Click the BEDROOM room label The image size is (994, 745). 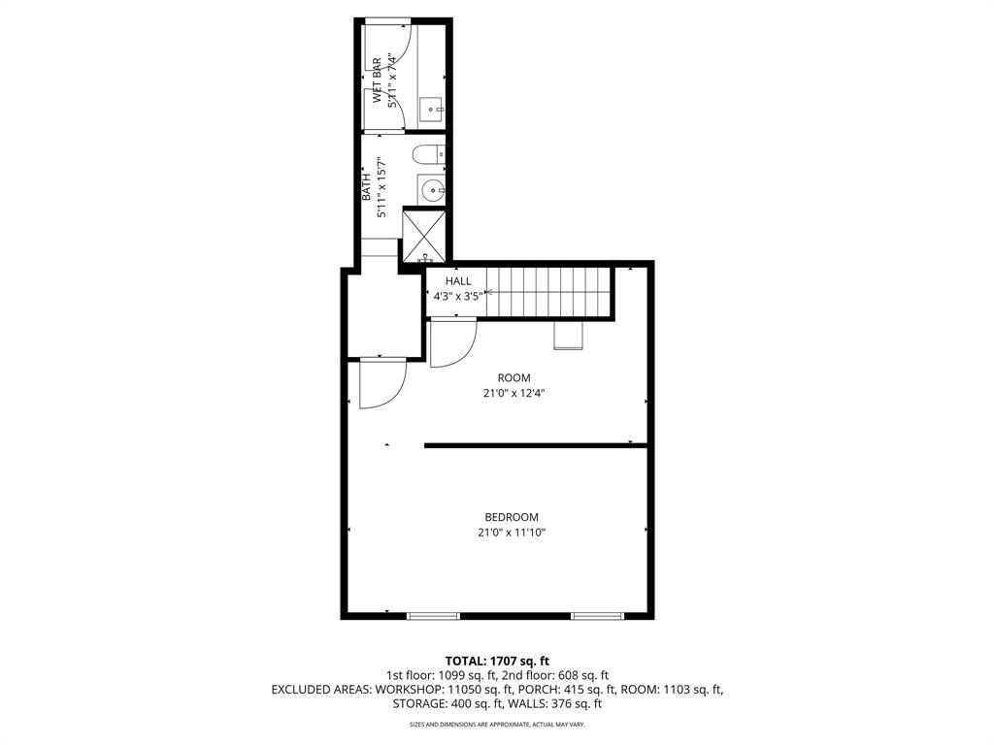512,517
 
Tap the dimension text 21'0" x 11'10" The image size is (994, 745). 512,533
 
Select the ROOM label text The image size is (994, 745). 514,378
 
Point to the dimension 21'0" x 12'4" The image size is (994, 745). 514,394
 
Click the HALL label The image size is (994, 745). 458,281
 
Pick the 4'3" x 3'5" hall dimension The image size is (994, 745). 458,296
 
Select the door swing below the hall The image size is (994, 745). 452,343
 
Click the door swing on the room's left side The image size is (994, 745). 381,384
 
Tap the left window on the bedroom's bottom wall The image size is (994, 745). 432,616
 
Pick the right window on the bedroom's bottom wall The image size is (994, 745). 597,616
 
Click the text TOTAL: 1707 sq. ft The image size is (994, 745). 497,661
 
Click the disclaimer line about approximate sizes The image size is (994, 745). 497,725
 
